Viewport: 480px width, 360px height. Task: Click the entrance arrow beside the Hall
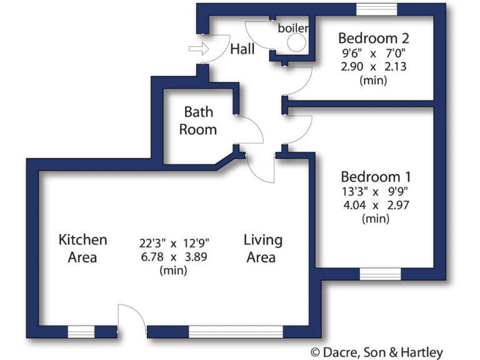click(x=199, y=49)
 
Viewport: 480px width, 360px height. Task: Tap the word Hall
click(x=242, y=49)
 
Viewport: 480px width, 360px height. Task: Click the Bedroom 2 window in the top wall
click(x=376, y=9)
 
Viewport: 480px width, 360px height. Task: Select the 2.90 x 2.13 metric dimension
click(x=374, y=66)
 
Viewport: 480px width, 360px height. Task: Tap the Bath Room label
click(x=198, y=121)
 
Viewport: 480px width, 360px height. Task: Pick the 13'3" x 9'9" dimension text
click(x=376, y=191)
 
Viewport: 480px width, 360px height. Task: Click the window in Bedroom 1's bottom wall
click(x=380, y=274)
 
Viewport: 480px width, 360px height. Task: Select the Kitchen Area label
click(x=82, y=248)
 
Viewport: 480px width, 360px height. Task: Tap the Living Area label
click(x=262, y=248)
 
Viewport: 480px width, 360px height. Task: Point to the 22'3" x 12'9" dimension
click(x=174, y=242)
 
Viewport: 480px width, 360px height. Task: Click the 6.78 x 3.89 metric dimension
click(x=174, y=257)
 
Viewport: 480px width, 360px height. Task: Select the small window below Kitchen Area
click(x=81, y=331)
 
